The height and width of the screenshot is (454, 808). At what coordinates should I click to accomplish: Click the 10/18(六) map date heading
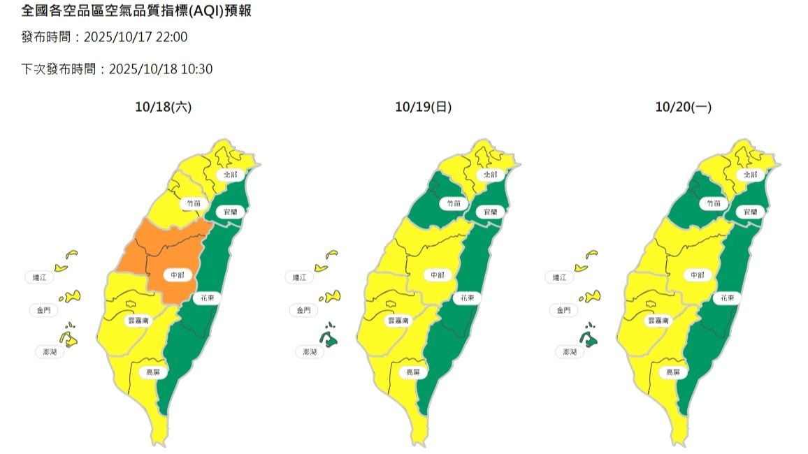[x=163, y=107]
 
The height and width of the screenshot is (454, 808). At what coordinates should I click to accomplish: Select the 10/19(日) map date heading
[x=423, y=107]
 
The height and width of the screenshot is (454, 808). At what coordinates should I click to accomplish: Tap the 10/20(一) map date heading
[x=683, y=107]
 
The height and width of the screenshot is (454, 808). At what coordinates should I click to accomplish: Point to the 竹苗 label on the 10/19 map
[x=453, y=203]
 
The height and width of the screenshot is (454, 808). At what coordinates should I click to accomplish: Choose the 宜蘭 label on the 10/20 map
[x=750, y=211]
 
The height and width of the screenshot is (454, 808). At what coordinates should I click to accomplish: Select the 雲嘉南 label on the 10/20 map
[x=660, y=321]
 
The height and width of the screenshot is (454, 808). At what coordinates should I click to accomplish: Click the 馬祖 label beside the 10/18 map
[x=38, y=277]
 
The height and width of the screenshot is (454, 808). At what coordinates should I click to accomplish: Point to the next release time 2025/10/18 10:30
[x=161, y=69]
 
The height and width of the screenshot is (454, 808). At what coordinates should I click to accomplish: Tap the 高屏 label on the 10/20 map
[x=673, y=372]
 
